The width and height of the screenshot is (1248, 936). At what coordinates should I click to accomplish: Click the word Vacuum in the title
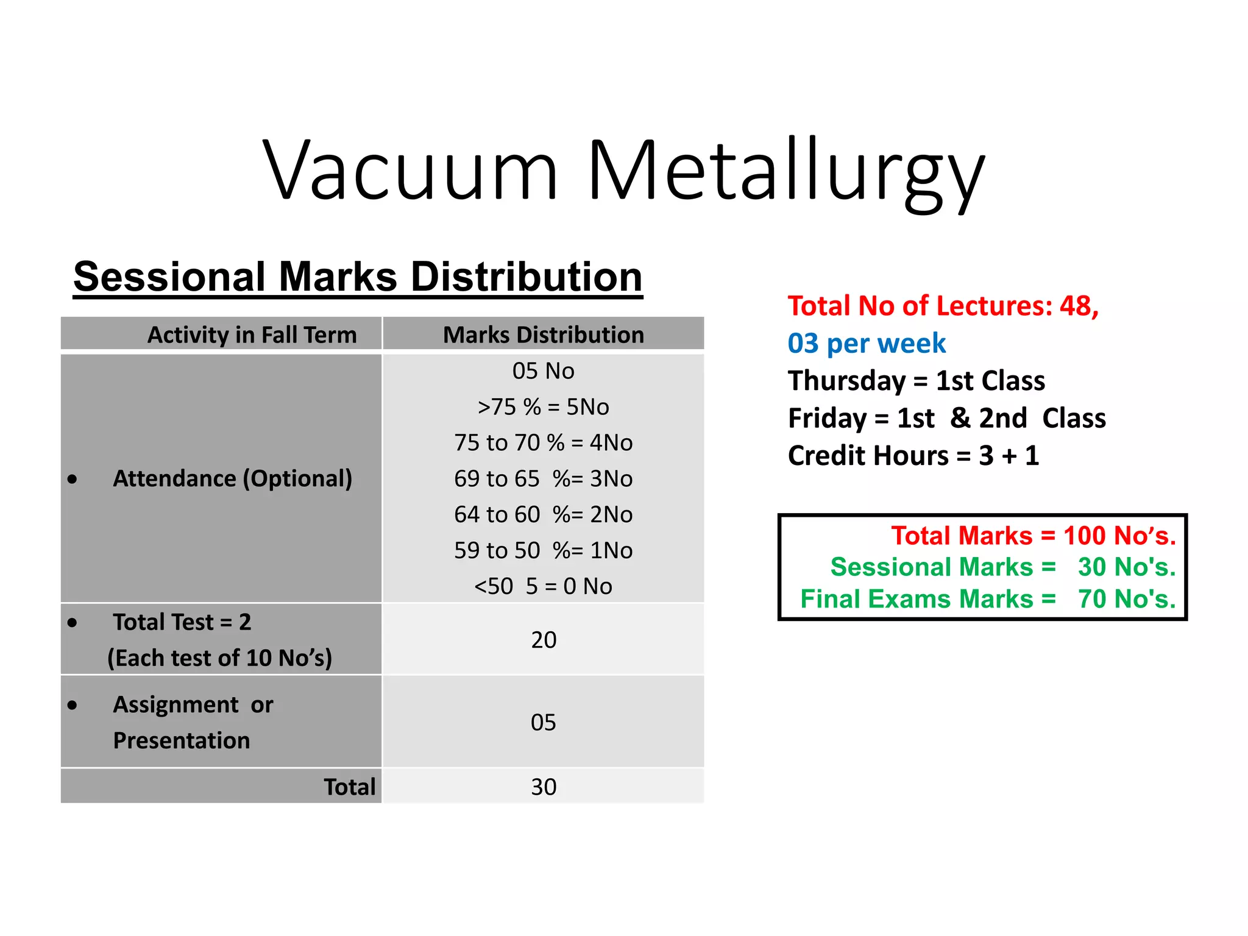(x=410, y=171)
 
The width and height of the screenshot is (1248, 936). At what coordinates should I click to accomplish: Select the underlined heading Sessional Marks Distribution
(x=358, y=277)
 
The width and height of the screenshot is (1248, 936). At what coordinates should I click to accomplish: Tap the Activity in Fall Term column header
(x=252, y=335)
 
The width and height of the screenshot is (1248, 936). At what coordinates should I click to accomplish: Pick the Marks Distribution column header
(x=543, y=335)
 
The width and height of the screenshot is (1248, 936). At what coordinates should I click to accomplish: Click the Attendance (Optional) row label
(x=232, y=478)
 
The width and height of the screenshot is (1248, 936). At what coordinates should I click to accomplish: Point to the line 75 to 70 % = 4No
(x=543, y=442)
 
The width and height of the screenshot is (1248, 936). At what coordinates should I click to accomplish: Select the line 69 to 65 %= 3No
(x=543, y=478)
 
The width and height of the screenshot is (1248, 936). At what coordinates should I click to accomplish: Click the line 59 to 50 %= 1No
(x=543, y=550)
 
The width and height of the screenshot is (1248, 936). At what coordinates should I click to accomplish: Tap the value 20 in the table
(x=544, y=640)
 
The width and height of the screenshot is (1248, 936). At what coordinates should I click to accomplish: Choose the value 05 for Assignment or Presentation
(x=543, y=722)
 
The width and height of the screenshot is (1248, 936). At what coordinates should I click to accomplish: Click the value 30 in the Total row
(x=544, y=787)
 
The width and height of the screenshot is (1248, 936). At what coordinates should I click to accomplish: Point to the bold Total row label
(x=349, y=787)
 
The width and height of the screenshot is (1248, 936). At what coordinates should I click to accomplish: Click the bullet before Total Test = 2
(x=73, y=623)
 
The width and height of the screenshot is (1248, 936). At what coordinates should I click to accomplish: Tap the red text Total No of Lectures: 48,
(x=943, y=306)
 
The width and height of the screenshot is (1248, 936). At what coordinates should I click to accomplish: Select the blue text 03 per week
(x=867, y=344)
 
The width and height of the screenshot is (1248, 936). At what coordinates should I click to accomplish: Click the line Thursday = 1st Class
(x=916, y=381)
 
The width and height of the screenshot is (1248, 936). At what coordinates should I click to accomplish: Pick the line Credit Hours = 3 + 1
(x=913, y=456)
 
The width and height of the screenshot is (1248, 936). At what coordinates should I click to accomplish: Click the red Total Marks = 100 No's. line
(x=1033, y=536)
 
